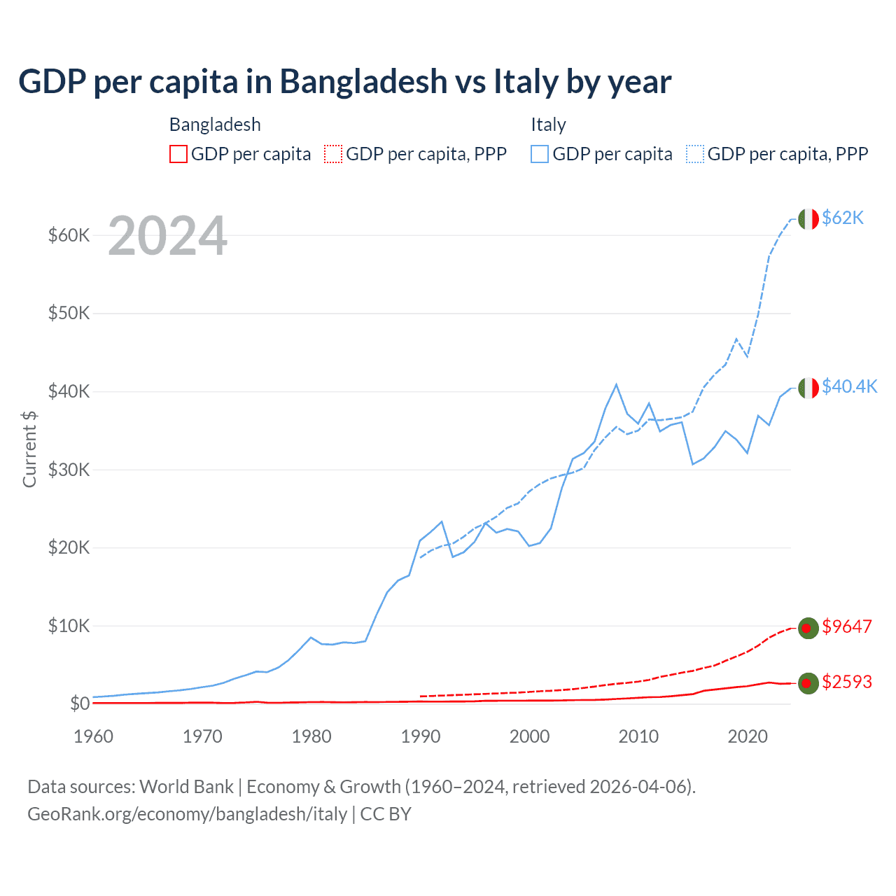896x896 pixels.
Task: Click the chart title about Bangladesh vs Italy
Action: [x=344, y=81]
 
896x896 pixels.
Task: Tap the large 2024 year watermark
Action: [x=167, y=236]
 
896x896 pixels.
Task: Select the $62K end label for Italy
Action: [x=843, y=218]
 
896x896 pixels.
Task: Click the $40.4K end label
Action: [x=849, y=386]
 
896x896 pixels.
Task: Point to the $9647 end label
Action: [x=846, y=626]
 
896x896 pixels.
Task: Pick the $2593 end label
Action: [x=846, y=682]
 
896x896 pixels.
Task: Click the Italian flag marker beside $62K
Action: [x=808, y=219]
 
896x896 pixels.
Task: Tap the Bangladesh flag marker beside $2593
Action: [x=808, y=683]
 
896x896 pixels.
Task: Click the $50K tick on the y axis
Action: [x=69, y=313]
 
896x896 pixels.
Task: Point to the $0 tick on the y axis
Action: [x=80, y=703]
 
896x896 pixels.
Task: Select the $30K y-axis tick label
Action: [x=69, y=470]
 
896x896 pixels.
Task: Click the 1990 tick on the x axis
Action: [x=421, y=736]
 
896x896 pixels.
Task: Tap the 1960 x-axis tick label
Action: [x=93, y=736]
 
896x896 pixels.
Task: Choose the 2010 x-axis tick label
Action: [x=638, y=736]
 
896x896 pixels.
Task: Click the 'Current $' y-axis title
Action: [x=29, y=449]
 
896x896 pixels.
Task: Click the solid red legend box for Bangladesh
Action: [x=178, y=154]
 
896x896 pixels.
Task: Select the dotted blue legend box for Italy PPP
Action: [x=695, y=154]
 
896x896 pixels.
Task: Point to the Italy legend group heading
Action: [x=548, y=125]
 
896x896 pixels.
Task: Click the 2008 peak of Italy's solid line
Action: [x=616, y=384]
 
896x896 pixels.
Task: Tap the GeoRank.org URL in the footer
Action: [x=187, y=814]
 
